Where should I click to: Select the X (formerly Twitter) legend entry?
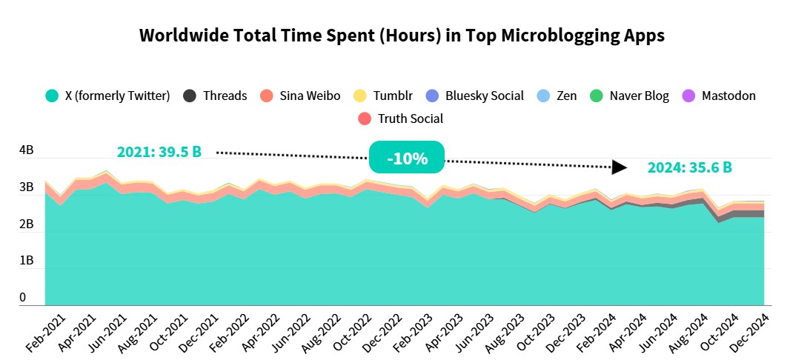click(x=108, y=96)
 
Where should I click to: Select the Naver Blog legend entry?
click(x=629, y=96)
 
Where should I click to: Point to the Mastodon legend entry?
click(x=719, y=96)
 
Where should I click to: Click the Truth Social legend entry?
click(x=400, y=119)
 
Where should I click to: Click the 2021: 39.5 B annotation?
click(x=159, y=152)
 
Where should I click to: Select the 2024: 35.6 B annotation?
click(x=689, y=167)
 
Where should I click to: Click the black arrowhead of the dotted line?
click(x=620, y=167)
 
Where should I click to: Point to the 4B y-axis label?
click(x=27, y=150)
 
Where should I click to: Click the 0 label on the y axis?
click(x=23, y=298)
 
